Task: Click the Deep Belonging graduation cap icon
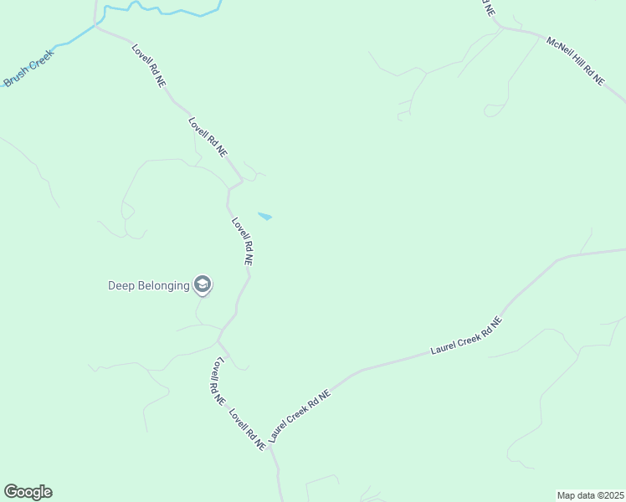[x=202, y=284]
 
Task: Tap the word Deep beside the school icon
[x=122, y=285]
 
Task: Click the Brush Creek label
[x=28, y=68]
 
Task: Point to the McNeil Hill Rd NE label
[x=575, y=59]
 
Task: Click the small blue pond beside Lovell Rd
[x=264, y=217]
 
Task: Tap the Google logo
[x=28, y=492]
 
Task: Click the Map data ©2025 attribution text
[x=591, y=494]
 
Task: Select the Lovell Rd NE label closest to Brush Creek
[x=147, y=67]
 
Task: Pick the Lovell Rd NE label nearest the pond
[x=243, y=241]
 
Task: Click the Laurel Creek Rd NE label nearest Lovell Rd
[x=300, y=414]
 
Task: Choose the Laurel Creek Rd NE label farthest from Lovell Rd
[x=465, y=336]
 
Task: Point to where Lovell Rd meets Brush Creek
[x=96, y=26]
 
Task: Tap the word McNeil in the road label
[x=558, y=47]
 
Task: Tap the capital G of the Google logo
[x=11, y=492]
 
